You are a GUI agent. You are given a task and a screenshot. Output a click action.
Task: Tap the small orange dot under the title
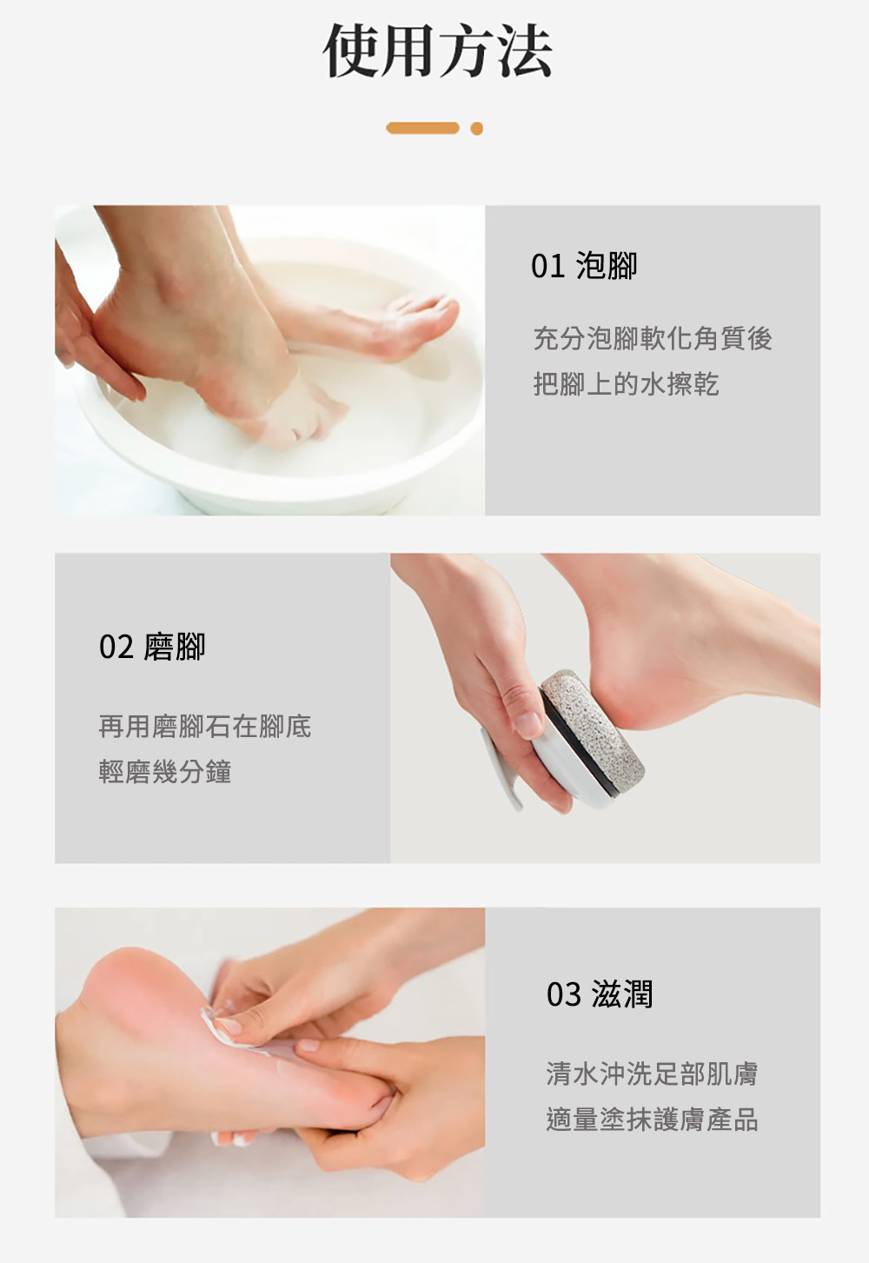click(x=477, y=129)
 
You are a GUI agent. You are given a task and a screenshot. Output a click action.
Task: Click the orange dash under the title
click(x=422, y=129)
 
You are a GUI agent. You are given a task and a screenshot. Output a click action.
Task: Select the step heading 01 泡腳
click(x=585, y=266)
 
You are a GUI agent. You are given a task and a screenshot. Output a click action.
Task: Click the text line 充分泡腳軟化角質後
click(x=653, y=338)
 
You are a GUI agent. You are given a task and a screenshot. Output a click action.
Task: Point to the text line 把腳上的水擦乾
click(x=626, y=384)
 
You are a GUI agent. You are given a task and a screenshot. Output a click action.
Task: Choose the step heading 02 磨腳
click(x=152, y=646)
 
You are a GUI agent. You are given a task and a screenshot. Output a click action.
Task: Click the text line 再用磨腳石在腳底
click(x=204, y=726)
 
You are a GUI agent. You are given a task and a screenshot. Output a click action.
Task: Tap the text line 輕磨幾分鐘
click(x=165, y=771)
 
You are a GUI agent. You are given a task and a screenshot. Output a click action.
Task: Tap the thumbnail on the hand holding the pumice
click(x=528, y=726)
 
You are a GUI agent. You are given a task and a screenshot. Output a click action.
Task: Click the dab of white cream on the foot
click(x=214, y=1027)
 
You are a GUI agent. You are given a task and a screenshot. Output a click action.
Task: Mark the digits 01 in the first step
click(x=547, y=267)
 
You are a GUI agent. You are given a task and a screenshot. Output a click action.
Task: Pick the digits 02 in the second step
click(x=116, y=648)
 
